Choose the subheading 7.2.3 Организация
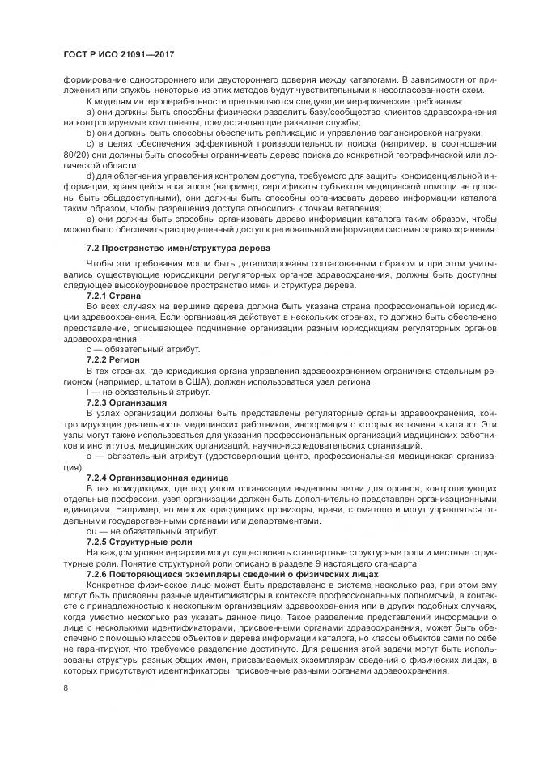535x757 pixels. tap(127, 402)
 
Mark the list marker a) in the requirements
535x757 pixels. tap(90, 111)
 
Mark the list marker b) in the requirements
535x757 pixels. tap(90, 133)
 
